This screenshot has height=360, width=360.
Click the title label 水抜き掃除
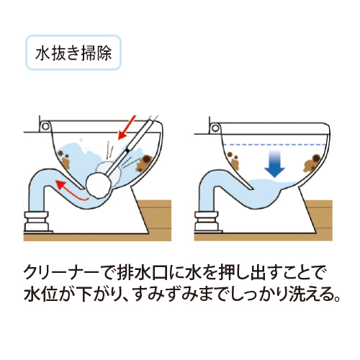pos(73,53)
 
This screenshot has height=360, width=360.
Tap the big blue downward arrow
pos(274,163)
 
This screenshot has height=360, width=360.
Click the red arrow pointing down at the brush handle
pos(127,127)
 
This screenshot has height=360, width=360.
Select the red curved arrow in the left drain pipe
pos(71,191)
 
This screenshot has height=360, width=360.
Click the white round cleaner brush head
pos(99,185)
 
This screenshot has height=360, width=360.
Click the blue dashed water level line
pos(274,145)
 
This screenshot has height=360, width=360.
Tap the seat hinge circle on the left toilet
pos(45,126)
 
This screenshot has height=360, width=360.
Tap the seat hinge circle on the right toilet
pos(215,128)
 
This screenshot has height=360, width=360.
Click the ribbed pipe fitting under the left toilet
pos(37,221)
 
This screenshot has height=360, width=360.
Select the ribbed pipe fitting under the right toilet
pos(207,221)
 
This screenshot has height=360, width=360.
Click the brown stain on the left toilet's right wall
pos(143,163)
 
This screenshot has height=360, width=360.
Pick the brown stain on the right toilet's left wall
pos(233,161)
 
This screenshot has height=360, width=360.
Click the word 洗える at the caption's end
pos(309,294)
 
